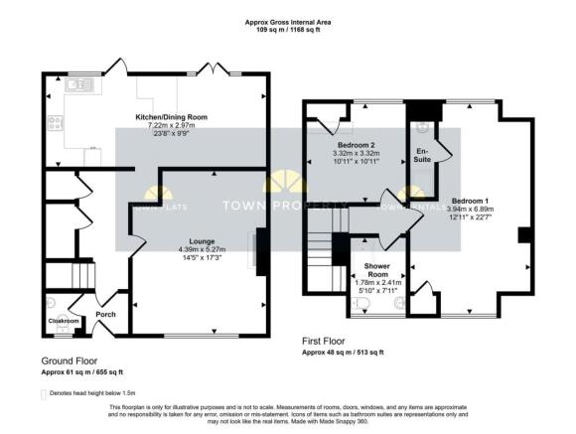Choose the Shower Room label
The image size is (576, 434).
[376, 269]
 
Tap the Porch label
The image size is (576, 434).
[105, 315]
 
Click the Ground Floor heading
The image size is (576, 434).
[70, 360]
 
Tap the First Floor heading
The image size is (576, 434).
[330, 341]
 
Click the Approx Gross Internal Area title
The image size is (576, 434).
[288, 22]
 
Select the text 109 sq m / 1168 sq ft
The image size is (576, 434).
[288, 30]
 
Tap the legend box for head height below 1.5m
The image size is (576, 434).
[46, 393]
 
